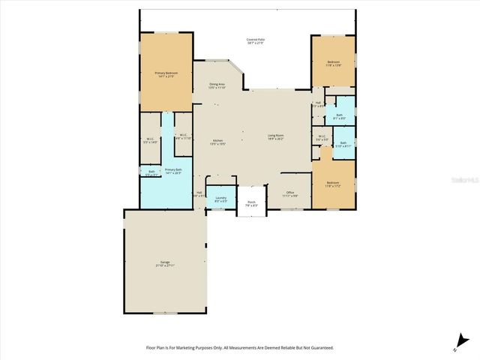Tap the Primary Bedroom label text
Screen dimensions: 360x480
click(x=164, y=73)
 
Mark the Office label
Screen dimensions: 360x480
click(x=291, y=193)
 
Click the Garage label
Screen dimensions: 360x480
click(x=164, y=262)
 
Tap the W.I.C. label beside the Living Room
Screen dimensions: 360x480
click(x=322, y=136)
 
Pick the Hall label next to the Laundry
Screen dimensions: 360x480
click(x=199, y=193)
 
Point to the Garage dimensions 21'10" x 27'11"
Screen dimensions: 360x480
click(x=164, y=266)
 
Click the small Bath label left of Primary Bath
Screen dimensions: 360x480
click(x=151, y=172)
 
